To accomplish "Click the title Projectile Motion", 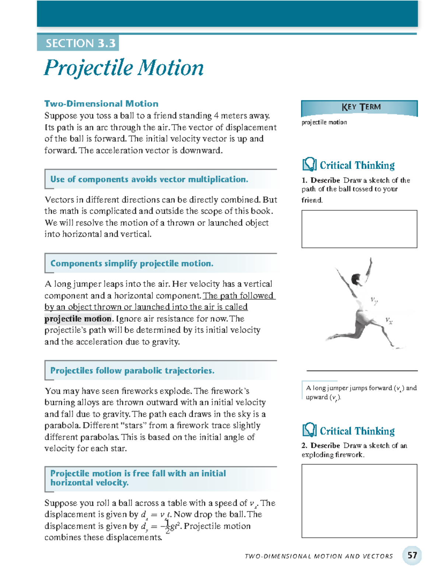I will pyautogui.click(x=124, y=68).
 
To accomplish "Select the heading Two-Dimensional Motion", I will pyautogui.click(x=101, y=104).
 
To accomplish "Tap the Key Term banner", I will pyautogui.click(x=359, y=108).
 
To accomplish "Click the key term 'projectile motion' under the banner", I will pyautogui.click(x=324, y=122).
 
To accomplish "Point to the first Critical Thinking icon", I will pyautogui.click(x=309, y=165).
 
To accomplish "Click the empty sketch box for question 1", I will pyautogui.click(x=359, y=229).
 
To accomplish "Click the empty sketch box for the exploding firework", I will pyautogui.click(x=359, y=501).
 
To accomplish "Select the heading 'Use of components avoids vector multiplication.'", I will pyautogui.click(x=149, y=179).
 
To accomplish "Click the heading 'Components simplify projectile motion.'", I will pyautogui.click(x=132, y=264).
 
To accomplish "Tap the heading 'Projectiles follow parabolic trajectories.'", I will pyautogui.click(x=132, y=371).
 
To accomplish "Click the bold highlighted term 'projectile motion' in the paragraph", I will pyautogui.click(x=78, y=319).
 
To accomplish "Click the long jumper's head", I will pyautogui.click(x=356, y=278).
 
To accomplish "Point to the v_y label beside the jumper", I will pyautogui.click(x=374, y=301).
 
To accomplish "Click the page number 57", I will pyautogui.click(x=412, y=555).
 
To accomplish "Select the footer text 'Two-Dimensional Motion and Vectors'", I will pyautogui.click(x=319, y=556).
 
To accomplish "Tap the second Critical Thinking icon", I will pyautogui.click(x=309, y=430).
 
